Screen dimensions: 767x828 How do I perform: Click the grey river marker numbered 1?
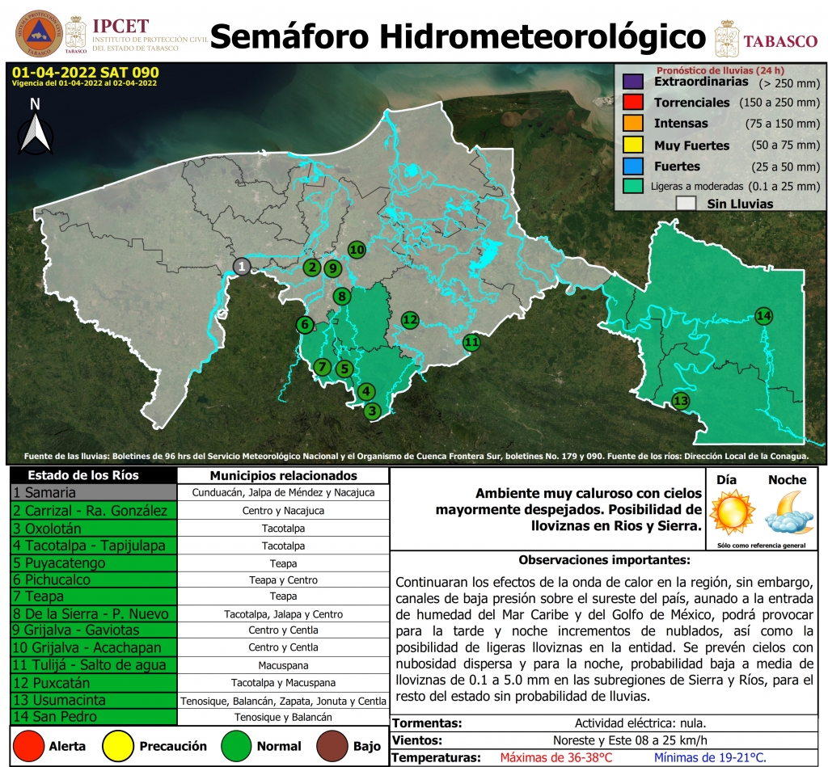click(x=242, y=266)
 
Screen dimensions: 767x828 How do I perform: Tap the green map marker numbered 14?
click(x=764, y=315)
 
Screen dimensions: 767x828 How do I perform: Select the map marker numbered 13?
click(x=681, y=401)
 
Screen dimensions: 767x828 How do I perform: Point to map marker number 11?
click(x=471, y=342)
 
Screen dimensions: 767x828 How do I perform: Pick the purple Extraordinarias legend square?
click(x=633, y=82)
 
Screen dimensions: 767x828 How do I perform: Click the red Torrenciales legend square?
click(x=633, y=103)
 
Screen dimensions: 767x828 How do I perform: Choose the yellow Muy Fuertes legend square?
click(x=633, y=145)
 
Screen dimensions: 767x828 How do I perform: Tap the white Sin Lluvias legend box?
click(x=686, y=204)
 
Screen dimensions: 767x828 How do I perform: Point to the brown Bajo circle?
click(x=328, y=746)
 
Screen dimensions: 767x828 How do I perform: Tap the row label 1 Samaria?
click(x=93, y=492)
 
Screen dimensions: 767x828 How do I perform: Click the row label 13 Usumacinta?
click(x=93, y=700)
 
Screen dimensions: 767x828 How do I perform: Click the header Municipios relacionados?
click(x=283, y=476)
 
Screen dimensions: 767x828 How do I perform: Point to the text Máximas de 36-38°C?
click(x=556, y=758)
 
